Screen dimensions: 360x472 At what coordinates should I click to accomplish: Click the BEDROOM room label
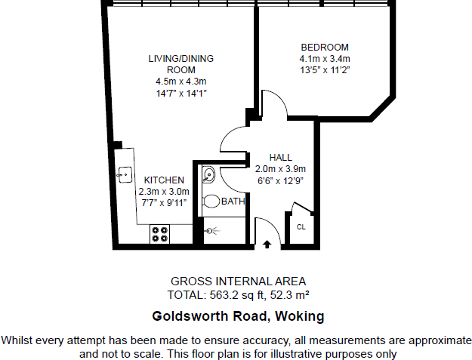(x=324, y=47)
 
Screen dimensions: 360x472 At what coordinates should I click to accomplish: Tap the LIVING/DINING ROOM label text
(x=180, y=64)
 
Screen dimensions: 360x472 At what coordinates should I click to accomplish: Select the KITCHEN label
(x=165, y=180)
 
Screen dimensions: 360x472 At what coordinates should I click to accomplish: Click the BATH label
(x=233, y=202)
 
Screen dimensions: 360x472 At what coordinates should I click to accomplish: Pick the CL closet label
(x=301, y=226)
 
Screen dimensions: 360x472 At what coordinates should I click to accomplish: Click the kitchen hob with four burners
(x=159, y=234)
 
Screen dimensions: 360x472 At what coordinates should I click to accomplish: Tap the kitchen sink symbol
(x=124, y=174)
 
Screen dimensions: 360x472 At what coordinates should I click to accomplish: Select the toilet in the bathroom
(x=210, y=202)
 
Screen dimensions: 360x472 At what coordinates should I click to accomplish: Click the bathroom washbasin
(x=208, y=177)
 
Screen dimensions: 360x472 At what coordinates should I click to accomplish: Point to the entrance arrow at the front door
(x=267, y=243)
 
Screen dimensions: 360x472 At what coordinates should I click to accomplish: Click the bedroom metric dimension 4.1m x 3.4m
(x=325, y=59)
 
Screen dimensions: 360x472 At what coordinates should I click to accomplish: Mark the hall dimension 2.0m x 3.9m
(x=279, y=169)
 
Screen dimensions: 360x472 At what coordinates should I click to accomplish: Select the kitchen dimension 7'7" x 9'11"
(x=164, y=204)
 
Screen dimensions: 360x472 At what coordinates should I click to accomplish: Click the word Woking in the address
(x=298, y=316)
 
